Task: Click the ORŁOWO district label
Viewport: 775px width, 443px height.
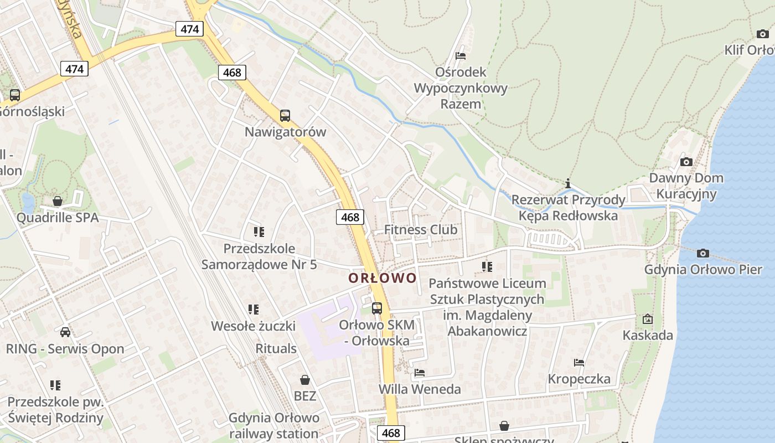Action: [383, 278]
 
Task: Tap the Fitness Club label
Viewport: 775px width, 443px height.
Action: [421, 230]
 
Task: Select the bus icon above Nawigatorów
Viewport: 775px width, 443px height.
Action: [285, 116]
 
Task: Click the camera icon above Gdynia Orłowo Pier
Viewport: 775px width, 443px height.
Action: [703, 253]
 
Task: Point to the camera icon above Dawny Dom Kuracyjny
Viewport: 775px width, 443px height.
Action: [686, 162]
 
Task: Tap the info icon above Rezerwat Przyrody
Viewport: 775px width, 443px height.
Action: [568, 183]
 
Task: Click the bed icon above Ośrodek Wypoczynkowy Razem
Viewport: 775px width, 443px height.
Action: [461, 56]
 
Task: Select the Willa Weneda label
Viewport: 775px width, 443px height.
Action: [420, 389]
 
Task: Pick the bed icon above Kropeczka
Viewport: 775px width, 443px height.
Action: [579, 363]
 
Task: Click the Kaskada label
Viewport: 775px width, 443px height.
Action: [648, 335]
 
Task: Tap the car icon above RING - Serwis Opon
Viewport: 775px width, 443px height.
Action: [65, 332]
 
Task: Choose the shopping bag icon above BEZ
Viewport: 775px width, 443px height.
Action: [304, 380]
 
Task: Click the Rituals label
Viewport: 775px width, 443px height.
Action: [276, 349]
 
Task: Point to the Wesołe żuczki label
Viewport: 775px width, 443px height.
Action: [254, 326]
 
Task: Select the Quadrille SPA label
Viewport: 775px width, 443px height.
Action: [58, 218]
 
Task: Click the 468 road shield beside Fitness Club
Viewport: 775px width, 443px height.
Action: [350, 218]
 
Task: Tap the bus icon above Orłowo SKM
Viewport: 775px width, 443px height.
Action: [377, 308]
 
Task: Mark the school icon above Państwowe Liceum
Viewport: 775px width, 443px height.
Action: [487, 267]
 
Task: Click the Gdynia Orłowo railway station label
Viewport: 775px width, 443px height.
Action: [274, 425]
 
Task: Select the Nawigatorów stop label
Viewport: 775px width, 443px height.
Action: [285, 132]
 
